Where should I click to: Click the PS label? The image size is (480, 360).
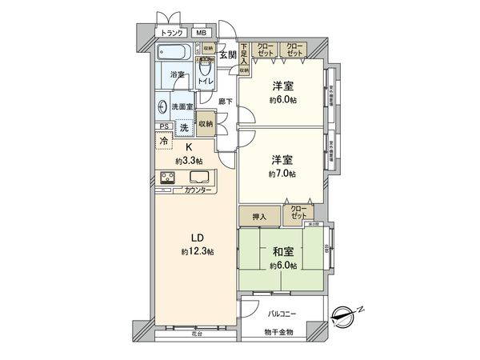[x=164, y=126]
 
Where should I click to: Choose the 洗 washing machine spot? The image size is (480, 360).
[x=184, y=128]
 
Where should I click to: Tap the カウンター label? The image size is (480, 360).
[x=198, y=190]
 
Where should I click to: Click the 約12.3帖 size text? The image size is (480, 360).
[x=198, y=252]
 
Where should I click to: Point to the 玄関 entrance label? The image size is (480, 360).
[x=228, y=54]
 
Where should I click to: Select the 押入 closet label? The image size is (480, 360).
[x=258, y=216]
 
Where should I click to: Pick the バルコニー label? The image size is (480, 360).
[x=283, y=314]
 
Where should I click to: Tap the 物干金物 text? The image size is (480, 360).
[x=280, y=330]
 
